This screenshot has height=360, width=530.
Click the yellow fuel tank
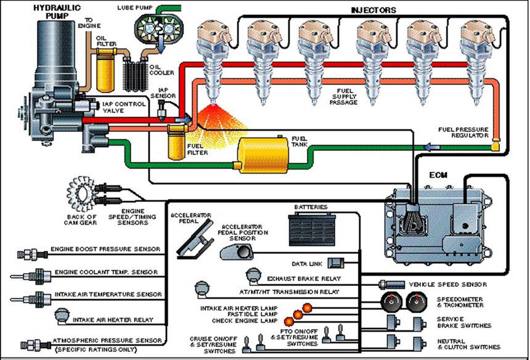(263, 155)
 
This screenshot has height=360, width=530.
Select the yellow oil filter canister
(107, 70)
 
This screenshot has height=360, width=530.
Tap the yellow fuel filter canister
(177, 142)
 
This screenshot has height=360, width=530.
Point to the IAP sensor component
(162, 111)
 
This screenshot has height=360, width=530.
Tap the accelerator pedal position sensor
(237, 252)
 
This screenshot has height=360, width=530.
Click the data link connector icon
(336, 263)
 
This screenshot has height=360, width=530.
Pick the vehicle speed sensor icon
(391, 285)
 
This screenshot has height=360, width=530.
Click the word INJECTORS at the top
(373, 10)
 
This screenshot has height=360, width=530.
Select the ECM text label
(438, 175)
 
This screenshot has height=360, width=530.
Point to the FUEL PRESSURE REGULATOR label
(463, 132)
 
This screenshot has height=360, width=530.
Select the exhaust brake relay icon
(253, 275)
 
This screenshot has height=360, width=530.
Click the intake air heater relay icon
(62, 317)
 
